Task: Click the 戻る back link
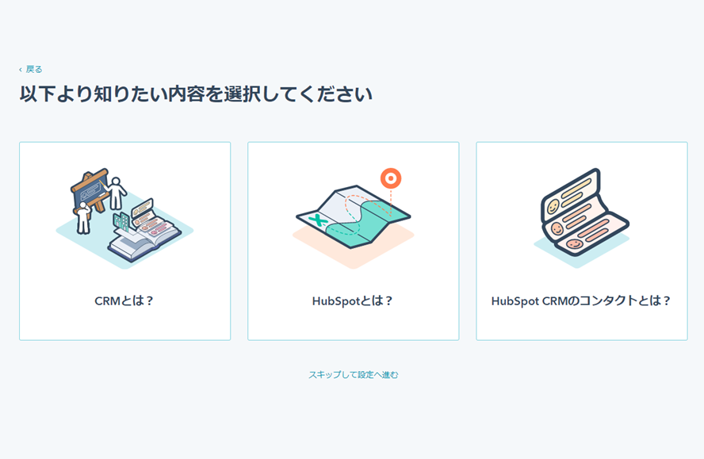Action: [x=34, y=70]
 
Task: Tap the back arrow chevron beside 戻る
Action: [x=21, y=70]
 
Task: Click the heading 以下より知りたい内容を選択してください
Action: [x=196, y=94]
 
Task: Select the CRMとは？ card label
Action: [x=124, y=301]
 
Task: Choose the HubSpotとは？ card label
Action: [x=353, y=301]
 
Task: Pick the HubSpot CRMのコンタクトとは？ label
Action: [x=581, y=301]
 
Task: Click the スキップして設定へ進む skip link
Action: [x=353, y=375]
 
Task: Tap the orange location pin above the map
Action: [x=390, y=178]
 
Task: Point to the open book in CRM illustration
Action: [x=143, y=238]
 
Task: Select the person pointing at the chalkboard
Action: [x=117, y=193]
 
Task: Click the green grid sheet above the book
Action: [x=121, y=221]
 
